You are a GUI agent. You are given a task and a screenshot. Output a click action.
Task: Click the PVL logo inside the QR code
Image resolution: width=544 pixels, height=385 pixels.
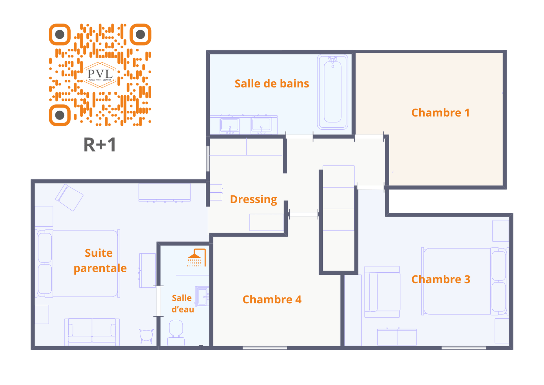tap(100, 75)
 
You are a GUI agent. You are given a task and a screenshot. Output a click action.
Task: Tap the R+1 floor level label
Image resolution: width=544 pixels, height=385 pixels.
tap(100, 145)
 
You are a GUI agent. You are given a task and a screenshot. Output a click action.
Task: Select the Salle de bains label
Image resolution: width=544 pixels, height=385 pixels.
tap(272, 84)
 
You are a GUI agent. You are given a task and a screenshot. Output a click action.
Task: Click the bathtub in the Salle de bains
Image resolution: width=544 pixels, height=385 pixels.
tap(333, 92)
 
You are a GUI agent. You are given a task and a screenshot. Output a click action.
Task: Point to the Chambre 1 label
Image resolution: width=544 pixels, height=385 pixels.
tap(440, 113)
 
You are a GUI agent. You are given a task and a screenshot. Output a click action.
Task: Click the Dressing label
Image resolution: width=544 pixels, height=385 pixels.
tap(253, 199)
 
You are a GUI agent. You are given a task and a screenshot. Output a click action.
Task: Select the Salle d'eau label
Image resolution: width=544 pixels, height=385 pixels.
tap(183, 304)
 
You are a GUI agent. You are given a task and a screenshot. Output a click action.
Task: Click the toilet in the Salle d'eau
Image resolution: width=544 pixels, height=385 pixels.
tap(176, 332)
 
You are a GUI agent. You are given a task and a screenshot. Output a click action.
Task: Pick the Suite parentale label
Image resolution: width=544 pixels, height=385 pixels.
tap(100, 260)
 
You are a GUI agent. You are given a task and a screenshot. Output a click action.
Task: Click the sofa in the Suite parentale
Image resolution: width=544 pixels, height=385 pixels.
tap(92, 331)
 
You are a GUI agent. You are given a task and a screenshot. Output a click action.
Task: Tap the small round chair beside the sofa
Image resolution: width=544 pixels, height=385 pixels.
tap(146, 335)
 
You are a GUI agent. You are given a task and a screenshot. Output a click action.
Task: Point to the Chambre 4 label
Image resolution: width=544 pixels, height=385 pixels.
tap(272, 300)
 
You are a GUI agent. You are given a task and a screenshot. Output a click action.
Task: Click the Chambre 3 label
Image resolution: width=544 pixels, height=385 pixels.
tap(441, 279)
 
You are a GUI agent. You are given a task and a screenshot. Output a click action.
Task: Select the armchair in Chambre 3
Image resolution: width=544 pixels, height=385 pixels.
tap(382, 292)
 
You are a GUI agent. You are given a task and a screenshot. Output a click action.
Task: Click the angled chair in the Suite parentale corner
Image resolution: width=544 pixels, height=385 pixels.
tap(70, 197)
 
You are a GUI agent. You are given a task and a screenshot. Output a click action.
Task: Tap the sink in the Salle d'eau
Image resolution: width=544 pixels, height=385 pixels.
tap(202, 296)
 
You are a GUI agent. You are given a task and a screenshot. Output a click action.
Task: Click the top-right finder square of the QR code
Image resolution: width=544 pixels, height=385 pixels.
tap(140, 34)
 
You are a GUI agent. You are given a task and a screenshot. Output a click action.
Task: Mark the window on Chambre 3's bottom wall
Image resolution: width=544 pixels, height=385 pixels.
tap(464, 348)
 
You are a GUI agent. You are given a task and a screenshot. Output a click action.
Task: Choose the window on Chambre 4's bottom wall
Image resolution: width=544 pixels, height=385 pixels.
tap(265, 348)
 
